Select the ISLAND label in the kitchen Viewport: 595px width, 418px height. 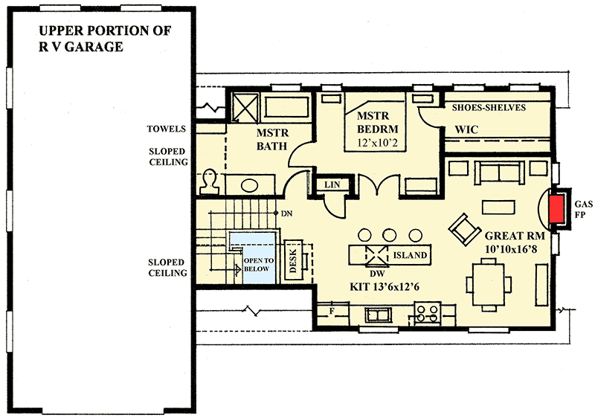coord(410,255)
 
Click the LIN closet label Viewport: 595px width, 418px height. coord(327,184)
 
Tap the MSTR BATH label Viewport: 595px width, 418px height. coord(272,139)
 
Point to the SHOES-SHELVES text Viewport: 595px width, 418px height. coord(489,108)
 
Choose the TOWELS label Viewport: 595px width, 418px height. coord(167,128)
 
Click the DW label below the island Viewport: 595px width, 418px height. coord(376,273)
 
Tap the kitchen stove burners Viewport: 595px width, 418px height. coord(428,312)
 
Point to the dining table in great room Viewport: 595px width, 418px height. coord(487,286)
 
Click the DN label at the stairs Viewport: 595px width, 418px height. coord(287,214)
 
